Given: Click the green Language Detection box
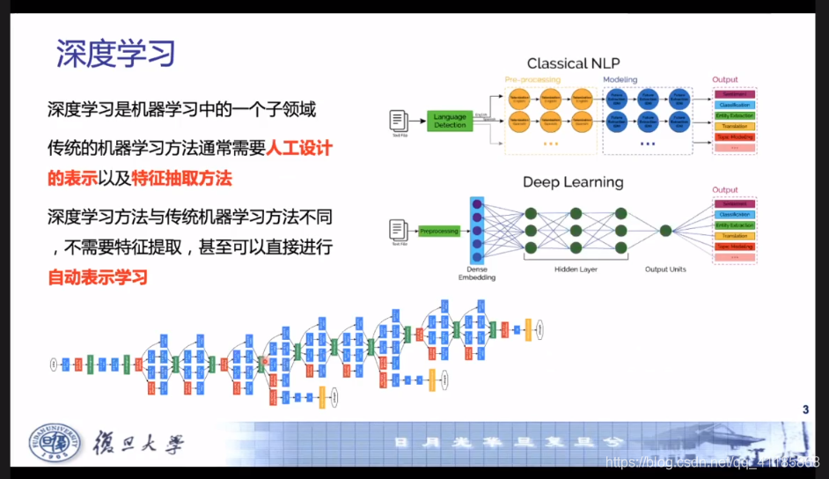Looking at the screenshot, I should click(x=451, y=121).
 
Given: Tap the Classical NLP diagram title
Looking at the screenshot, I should click(x=572, y=63).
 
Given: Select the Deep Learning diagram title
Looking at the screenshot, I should click(x=573, y=182).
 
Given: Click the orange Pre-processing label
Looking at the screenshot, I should click(x=532, y=80).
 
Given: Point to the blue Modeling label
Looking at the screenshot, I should click(x=620, y=80).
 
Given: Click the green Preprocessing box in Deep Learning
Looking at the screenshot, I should click(x=438, y=231).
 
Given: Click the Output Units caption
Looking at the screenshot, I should click(x=665, y=269).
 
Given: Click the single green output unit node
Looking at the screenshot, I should click(x=665, y=231).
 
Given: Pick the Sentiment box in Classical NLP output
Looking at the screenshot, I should click(x=737, y=93).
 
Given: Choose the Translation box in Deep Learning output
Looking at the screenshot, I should click(x=737, y=236).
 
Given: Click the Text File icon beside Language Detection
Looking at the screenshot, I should click(x=399, y=122).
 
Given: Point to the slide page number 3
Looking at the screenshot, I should click(x=805, y=409).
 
